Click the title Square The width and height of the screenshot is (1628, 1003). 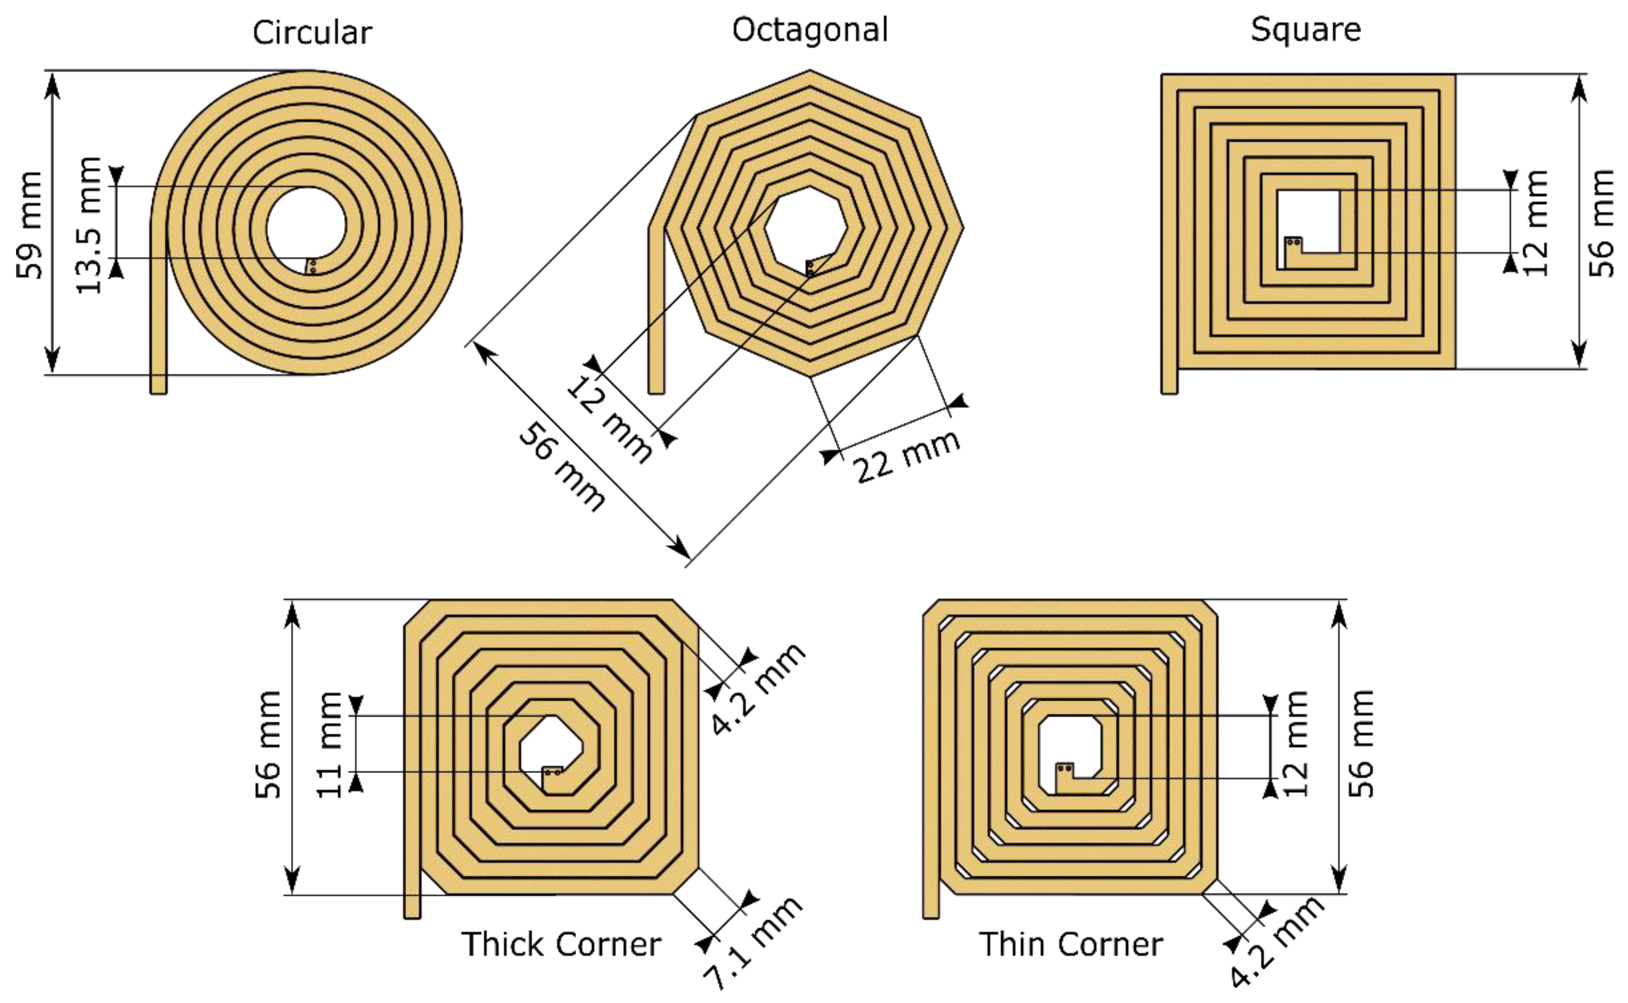tap(1306, 30)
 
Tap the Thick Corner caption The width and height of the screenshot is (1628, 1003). tap(561, 945)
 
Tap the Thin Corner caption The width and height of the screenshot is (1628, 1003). tap(1071, 945)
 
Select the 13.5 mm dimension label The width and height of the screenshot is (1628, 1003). tap(89, 225)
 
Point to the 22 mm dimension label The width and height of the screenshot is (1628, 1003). tap(906, 456)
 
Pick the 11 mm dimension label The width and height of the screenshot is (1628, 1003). tap(330, 744)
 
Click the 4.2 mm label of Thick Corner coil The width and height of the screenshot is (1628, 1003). tap(758, 690)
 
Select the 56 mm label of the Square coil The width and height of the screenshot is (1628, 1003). tap(1602, 223)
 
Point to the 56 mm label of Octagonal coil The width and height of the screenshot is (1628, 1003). tap(561, 468)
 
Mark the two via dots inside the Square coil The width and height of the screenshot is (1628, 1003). tap(1291, 242)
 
